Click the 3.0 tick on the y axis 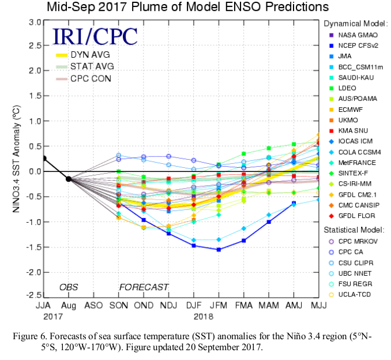(34, 22)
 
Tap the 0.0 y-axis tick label (34, 171)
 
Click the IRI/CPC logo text (95, 36)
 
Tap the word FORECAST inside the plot (144, 287)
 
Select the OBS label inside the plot (69, 287)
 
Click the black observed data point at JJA (44, 159)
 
